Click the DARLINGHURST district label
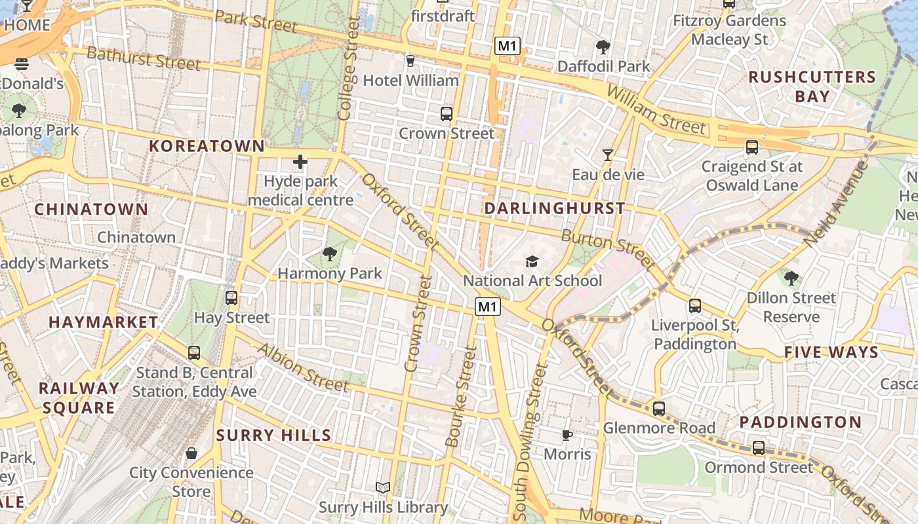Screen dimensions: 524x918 pyautogui.click(x=554, y=208)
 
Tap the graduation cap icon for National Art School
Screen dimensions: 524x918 pyautogui.click(x=532, y=261)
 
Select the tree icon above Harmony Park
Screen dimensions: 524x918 pyautogui.click(x=330, y=253)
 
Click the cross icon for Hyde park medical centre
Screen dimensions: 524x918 pyautogui.click(x=300, y=162)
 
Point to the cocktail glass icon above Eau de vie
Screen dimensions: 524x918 pyautogui.click(x=608, y=155)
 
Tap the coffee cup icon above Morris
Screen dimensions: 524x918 pyautogui.click(x=567, y=435)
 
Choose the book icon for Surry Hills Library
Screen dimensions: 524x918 pyautogui.click(x=383, y=487)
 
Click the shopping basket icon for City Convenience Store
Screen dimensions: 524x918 pyautogui.click(x=191, y=453)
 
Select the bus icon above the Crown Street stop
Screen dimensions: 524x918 pyautogui.click(x=447, y=114)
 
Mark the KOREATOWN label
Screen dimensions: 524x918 pyautogui.click(x=207, y=146)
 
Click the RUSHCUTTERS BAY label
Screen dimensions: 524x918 pyautogui.click(x=812, y=86)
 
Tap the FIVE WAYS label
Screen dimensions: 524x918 pyautogui.click(x=831, y=352)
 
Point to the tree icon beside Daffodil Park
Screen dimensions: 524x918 pyautogui.click(x=603, y=47)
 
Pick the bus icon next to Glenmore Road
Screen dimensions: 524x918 pyautogui.click(x=659, y=409)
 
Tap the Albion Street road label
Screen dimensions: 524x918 pyautogui.click(x=302, y=367)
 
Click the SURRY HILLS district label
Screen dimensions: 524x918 pyautogui.click(x=273, y=436)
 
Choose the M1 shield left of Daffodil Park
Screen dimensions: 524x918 pyautogui.click(x=508, y=46)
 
